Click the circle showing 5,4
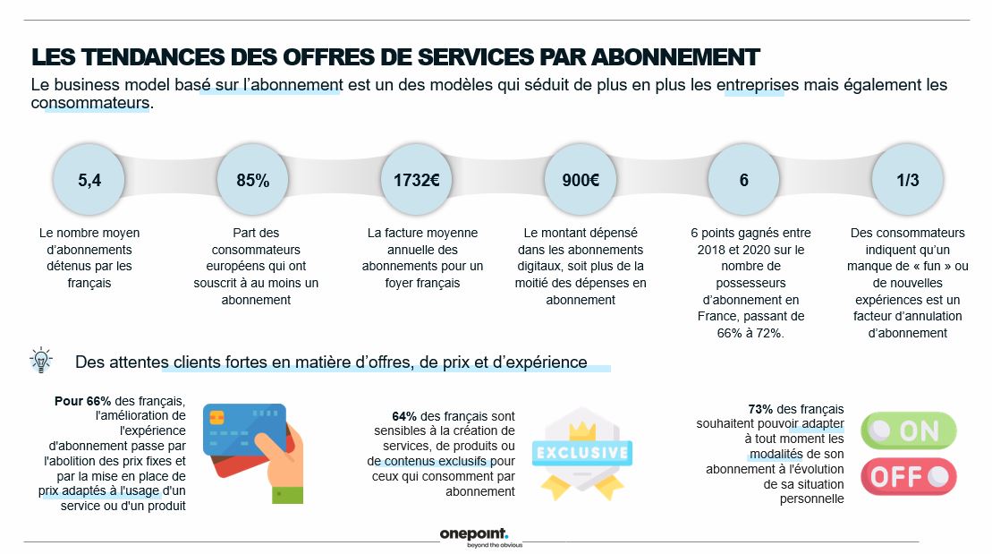click(x=89, y=180)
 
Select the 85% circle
click(x=252, y=180)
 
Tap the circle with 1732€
click(x=416, y=180)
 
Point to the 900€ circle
click(x=581, y=180)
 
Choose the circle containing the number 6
click(x=743, y=180)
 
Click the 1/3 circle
click(x=907, y=180)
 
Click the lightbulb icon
click(x=41, y=360)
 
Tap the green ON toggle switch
click(x=908, y=431)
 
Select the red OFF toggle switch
click(x=908, y=476)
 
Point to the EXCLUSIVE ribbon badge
click(x=581, y=452)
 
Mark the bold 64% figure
click(x=404, y=416)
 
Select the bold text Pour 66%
click(x=81, y=400)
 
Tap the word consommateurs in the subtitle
click(x=89, y=104)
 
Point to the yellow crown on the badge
click(x=582, y=430)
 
